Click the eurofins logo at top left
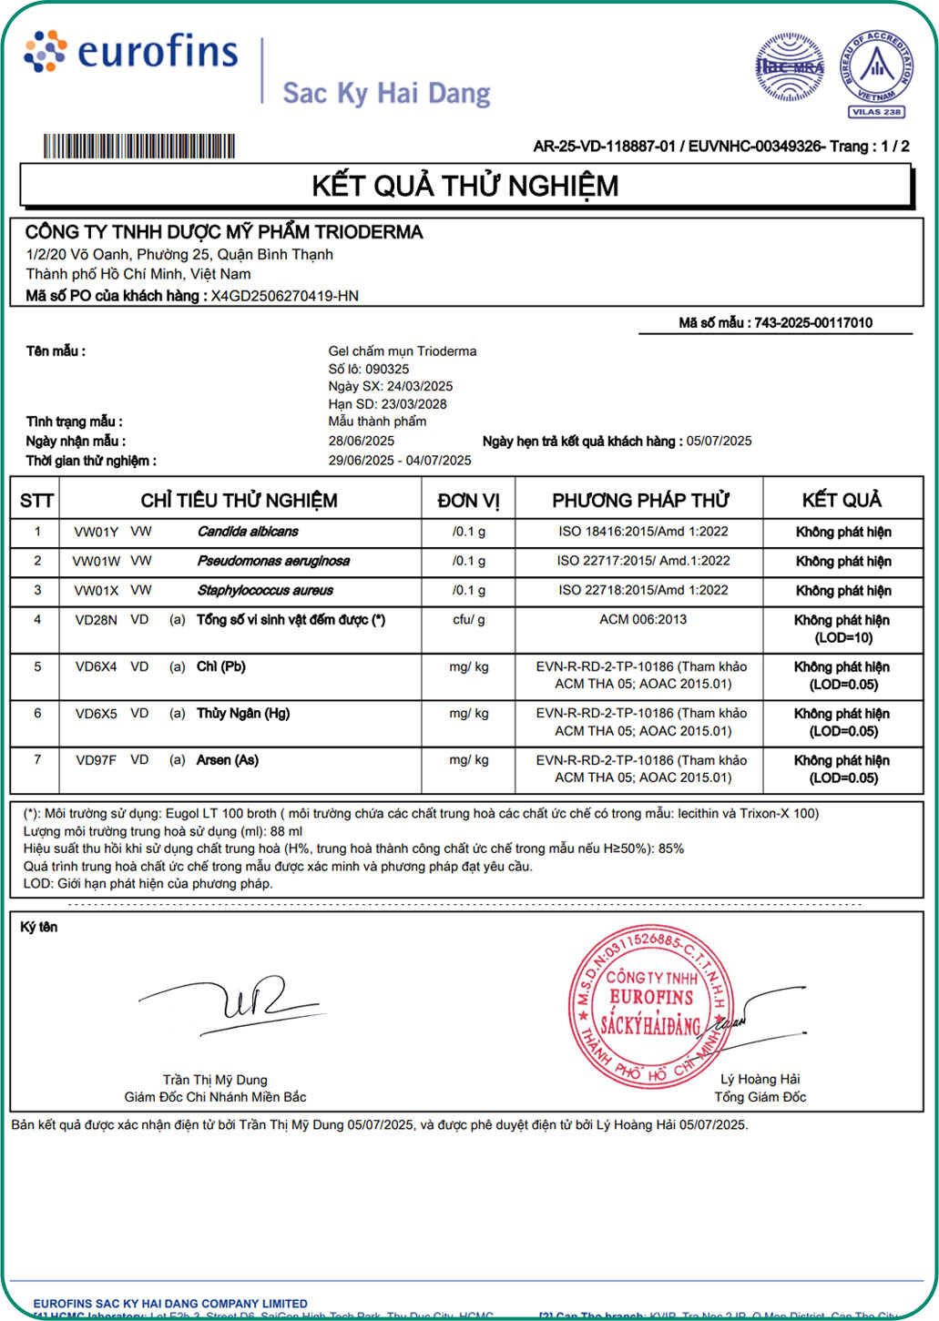point(132,52)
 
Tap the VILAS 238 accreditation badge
point(876,73)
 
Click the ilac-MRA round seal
point(790,66)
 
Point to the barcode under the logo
point(139,147)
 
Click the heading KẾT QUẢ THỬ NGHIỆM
point(464,186)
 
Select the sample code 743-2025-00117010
point(813,322)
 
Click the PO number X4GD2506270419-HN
point(285,296)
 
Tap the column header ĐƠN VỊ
point(468,501)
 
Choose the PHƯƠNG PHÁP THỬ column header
point(640,501)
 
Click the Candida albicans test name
point(248,532)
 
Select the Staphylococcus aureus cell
point(265,591)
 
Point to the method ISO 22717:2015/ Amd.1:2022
point(643,561)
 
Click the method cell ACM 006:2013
point(643,620)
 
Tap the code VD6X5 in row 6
point(96,714)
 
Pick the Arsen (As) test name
point(228,760)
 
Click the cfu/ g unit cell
point(468,620)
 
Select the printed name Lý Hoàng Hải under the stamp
point(760,1079)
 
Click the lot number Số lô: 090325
point(369,369)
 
